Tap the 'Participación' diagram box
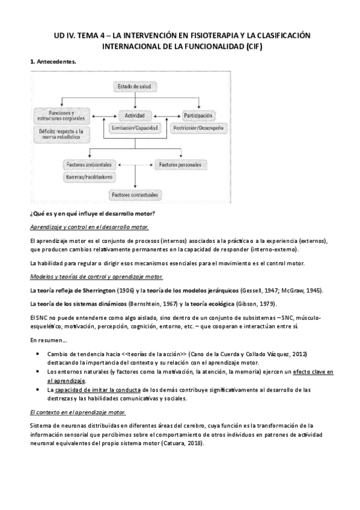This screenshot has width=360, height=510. (x=197, y=115)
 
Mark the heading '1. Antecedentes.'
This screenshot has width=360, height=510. (x=53, y=61)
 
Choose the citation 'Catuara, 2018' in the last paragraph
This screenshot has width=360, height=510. (x=183, y=443)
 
